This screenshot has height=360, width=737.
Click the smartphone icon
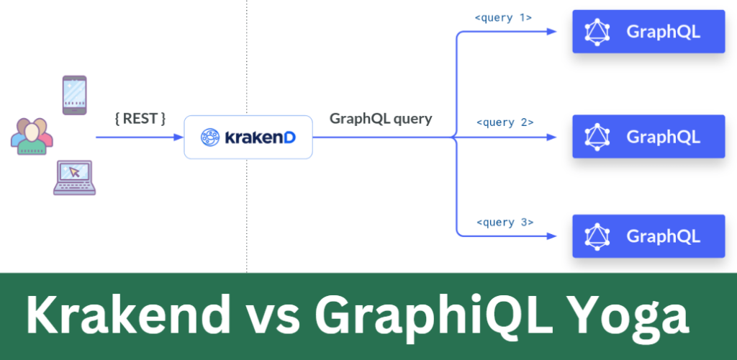pyautogui.click(x=75, y=95)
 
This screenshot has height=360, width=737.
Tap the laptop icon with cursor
pyautogui.click(x=74, y=178)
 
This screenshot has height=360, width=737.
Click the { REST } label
pyautogui.click(x=140, y=118)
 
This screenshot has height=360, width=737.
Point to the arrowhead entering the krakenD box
pyautogui.click(x=178, y=138)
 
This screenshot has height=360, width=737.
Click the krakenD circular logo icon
pyautogui.click(x=210, y=138)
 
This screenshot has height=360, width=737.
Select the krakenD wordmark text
pyautogui.click(x=261, y=138)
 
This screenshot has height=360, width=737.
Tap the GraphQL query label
pyautogui.click(x=381, y=118)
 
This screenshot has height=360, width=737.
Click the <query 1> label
pyautogui.click(x=503, y=18)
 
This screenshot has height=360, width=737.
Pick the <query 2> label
pyautogui.click(x=505, y=122)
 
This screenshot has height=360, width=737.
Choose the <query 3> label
pyautogui.click(x=505, y=222)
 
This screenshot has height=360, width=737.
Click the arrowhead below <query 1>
pyautogui.click(x=551, y=32)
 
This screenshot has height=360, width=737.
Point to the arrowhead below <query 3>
pyautogui.click(x=551, y=236)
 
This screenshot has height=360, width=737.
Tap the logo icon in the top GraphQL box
pyautogui.click(x=597, y=32)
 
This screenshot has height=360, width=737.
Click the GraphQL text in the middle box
pyautogui.click(x=663, y=137)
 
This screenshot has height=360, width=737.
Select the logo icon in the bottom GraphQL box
pyautogui.click(x=597, y=236)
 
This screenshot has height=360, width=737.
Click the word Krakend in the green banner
pyautogui.click(x=128, y=313)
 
